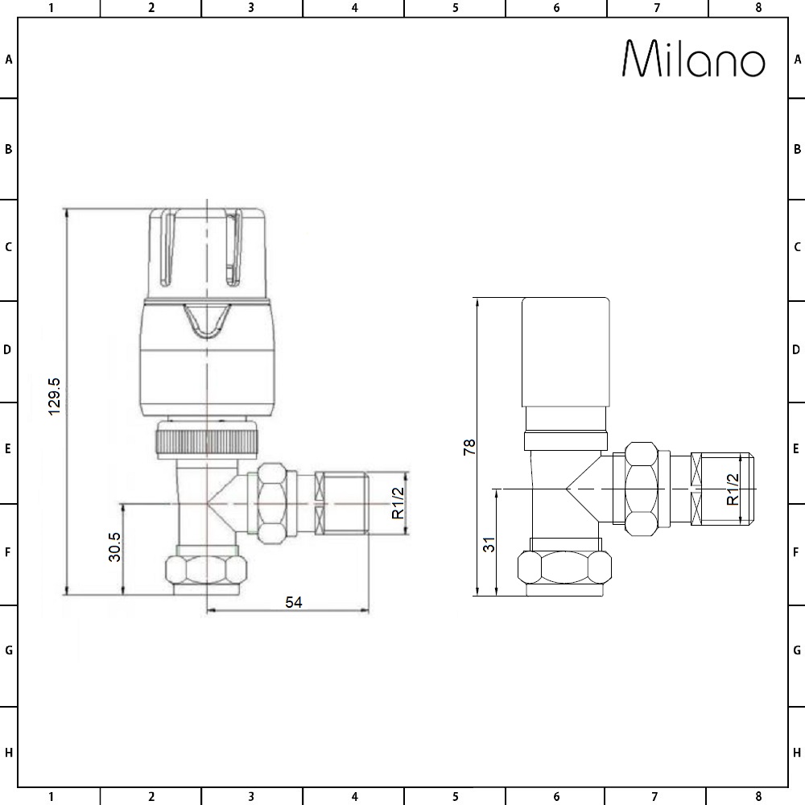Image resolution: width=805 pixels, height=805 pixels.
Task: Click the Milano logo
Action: (694, 60)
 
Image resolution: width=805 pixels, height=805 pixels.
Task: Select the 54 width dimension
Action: (294, 602)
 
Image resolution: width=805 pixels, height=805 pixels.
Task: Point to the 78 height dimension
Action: (469, 448)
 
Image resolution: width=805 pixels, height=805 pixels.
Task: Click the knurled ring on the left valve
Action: (207, 442)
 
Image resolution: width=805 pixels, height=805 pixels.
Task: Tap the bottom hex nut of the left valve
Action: (205, 569)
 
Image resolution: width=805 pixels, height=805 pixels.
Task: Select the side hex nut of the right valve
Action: (642, 489)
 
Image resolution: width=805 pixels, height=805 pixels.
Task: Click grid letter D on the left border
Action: (8, 350)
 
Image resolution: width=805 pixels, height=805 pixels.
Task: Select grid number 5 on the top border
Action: (455, 8)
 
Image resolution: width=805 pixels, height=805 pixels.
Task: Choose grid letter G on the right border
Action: (796, 650)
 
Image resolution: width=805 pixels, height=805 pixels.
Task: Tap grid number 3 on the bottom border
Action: (251, 797)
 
